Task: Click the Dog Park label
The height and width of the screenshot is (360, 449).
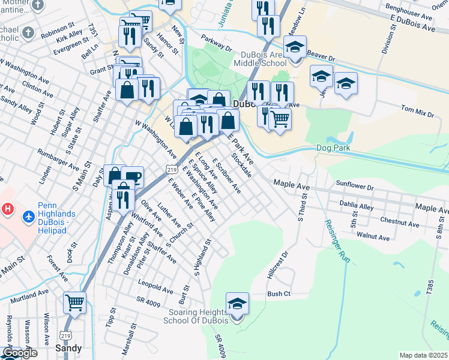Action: [x=333, y=148]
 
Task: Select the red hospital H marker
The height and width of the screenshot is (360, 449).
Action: [x=7, y=209]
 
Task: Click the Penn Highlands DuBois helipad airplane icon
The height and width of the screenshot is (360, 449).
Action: [x=28, y=215]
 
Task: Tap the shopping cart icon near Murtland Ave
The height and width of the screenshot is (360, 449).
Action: [x=74, y=302]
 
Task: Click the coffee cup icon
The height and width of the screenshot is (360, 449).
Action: [x=133, y=178]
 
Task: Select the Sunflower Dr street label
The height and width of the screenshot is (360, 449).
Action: [x=355, y=188]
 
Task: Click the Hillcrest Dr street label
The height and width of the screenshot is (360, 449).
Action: [x=277, y=265]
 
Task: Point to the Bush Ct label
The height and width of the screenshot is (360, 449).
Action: [x=279, y=294]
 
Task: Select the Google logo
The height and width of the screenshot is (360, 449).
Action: [x=20, y=353]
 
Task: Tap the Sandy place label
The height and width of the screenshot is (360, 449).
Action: [x=68, y=347]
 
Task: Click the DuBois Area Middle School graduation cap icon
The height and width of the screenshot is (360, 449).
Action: [x=295, y=47]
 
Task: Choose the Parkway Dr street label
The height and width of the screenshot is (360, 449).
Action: [x=216, y=43]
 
